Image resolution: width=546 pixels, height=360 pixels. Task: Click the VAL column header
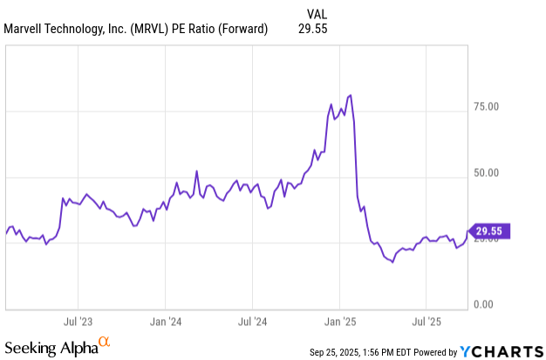(320, 13)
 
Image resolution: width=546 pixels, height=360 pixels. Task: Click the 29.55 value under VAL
(320, 29)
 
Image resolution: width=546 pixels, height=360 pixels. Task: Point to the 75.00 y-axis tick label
(486, 107)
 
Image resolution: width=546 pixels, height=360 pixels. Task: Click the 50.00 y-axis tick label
(486, 173)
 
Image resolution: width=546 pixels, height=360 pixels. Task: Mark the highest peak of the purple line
(350, 95)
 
